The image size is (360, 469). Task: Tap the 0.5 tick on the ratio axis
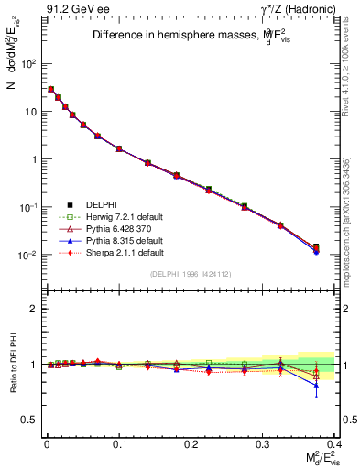point(33,420)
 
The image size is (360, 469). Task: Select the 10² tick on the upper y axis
point(30,64)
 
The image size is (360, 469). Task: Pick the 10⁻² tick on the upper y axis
point(30,255)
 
